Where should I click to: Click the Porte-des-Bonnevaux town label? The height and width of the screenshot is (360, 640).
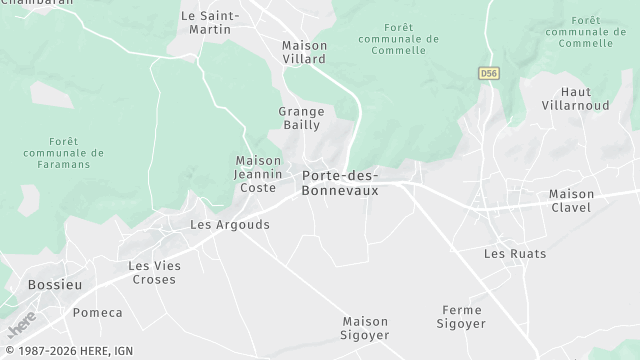click(340, 183)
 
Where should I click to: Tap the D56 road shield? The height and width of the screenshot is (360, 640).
click(488, 73)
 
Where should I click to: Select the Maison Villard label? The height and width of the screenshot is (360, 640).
click(304, 52)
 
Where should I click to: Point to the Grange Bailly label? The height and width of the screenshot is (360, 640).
click(300, 118)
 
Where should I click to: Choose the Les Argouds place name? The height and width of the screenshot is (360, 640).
click(230, 225)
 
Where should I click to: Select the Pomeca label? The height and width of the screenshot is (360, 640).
click(96, 313)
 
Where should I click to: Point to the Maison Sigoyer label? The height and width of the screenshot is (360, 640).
click(365, 328)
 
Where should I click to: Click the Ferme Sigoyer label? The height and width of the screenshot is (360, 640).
click(462, 317)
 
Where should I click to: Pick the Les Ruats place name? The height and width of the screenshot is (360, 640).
click(515, 254)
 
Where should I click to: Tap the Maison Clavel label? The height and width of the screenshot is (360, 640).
click(571, 201)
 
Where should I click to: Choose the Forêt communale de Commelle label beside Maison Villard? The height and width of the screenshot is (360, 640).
click(397, 39)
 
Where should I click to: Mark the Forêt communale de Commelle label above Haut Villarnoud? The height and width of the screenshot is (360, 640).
click(580, 31)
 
